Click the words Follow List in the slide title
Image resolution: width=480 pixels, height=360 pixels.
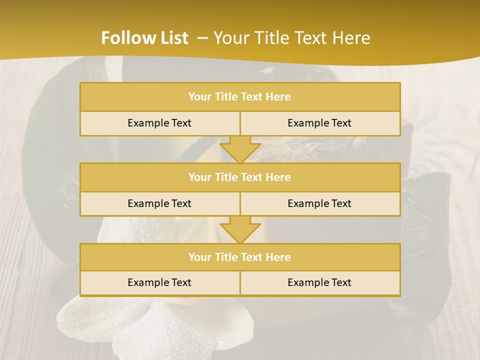point(145,38)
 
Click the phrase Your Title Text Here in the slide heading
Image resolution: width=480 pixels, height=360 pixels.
point(292,38)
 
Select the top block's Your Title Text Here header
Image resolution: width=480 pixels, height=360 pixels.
point(239,97)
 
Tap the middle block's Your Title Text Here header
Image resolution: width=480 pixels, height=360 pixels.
point(239,177)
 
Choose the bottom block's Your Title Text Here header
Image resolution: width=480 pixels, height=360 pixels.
point(239,257)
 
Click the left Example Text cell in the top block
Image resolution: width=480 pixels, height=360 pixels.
point(159,123)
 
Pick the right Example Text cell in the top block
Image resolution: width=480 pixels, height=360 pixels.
point(319,123)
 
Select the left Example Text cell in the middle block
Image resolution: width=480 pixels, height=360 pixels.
point(159,203)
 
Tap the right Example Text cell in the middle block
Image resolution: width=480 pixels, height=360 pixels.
point(319,203)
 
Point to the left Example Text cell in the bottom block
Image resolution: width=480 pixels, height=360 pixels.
point(159,282)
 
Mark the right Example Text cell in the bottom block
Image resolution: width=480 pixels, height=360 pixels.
point(319,282)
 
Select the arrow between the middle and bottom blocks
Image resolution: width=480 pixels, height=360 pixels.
point(240,229)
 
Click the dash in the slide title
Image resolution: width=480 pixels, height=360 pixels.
point(202,38)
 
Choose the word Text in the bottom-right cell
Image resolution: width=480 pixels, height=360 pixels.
point(340,282)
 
